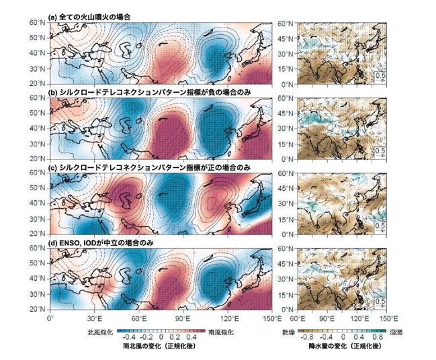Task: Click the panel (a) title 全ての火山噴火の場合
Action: coord(89,17)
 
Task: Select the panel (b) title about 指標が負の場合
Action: coord(149,93)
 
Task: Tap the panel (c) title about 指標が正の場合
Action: coord(149,168)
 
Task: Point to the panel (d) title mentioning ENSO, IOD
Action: coord(101,243)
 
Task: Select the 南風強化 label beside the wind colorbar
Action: coord(221,332)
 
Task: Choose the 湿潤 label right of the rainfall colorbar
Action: coord(396,332)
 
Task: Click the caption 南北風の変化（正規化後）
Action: coord(159,346)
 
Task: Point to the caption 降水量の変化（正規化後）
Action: coord(345,346)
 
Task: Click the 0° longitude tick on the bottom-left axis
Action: coord(50,318)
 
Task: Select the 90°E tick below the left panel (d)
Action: coord(183,318)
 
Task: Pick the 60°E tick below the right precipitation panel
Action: coord(298,318)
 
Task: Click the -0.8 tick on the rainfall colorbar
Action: coord(308,337)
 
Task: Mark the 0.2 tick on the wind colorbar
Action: coord(176,337)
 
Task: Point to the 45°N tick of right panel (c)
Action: coord(286,188)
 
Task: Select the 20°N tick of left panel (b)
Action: coord(38,159)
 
